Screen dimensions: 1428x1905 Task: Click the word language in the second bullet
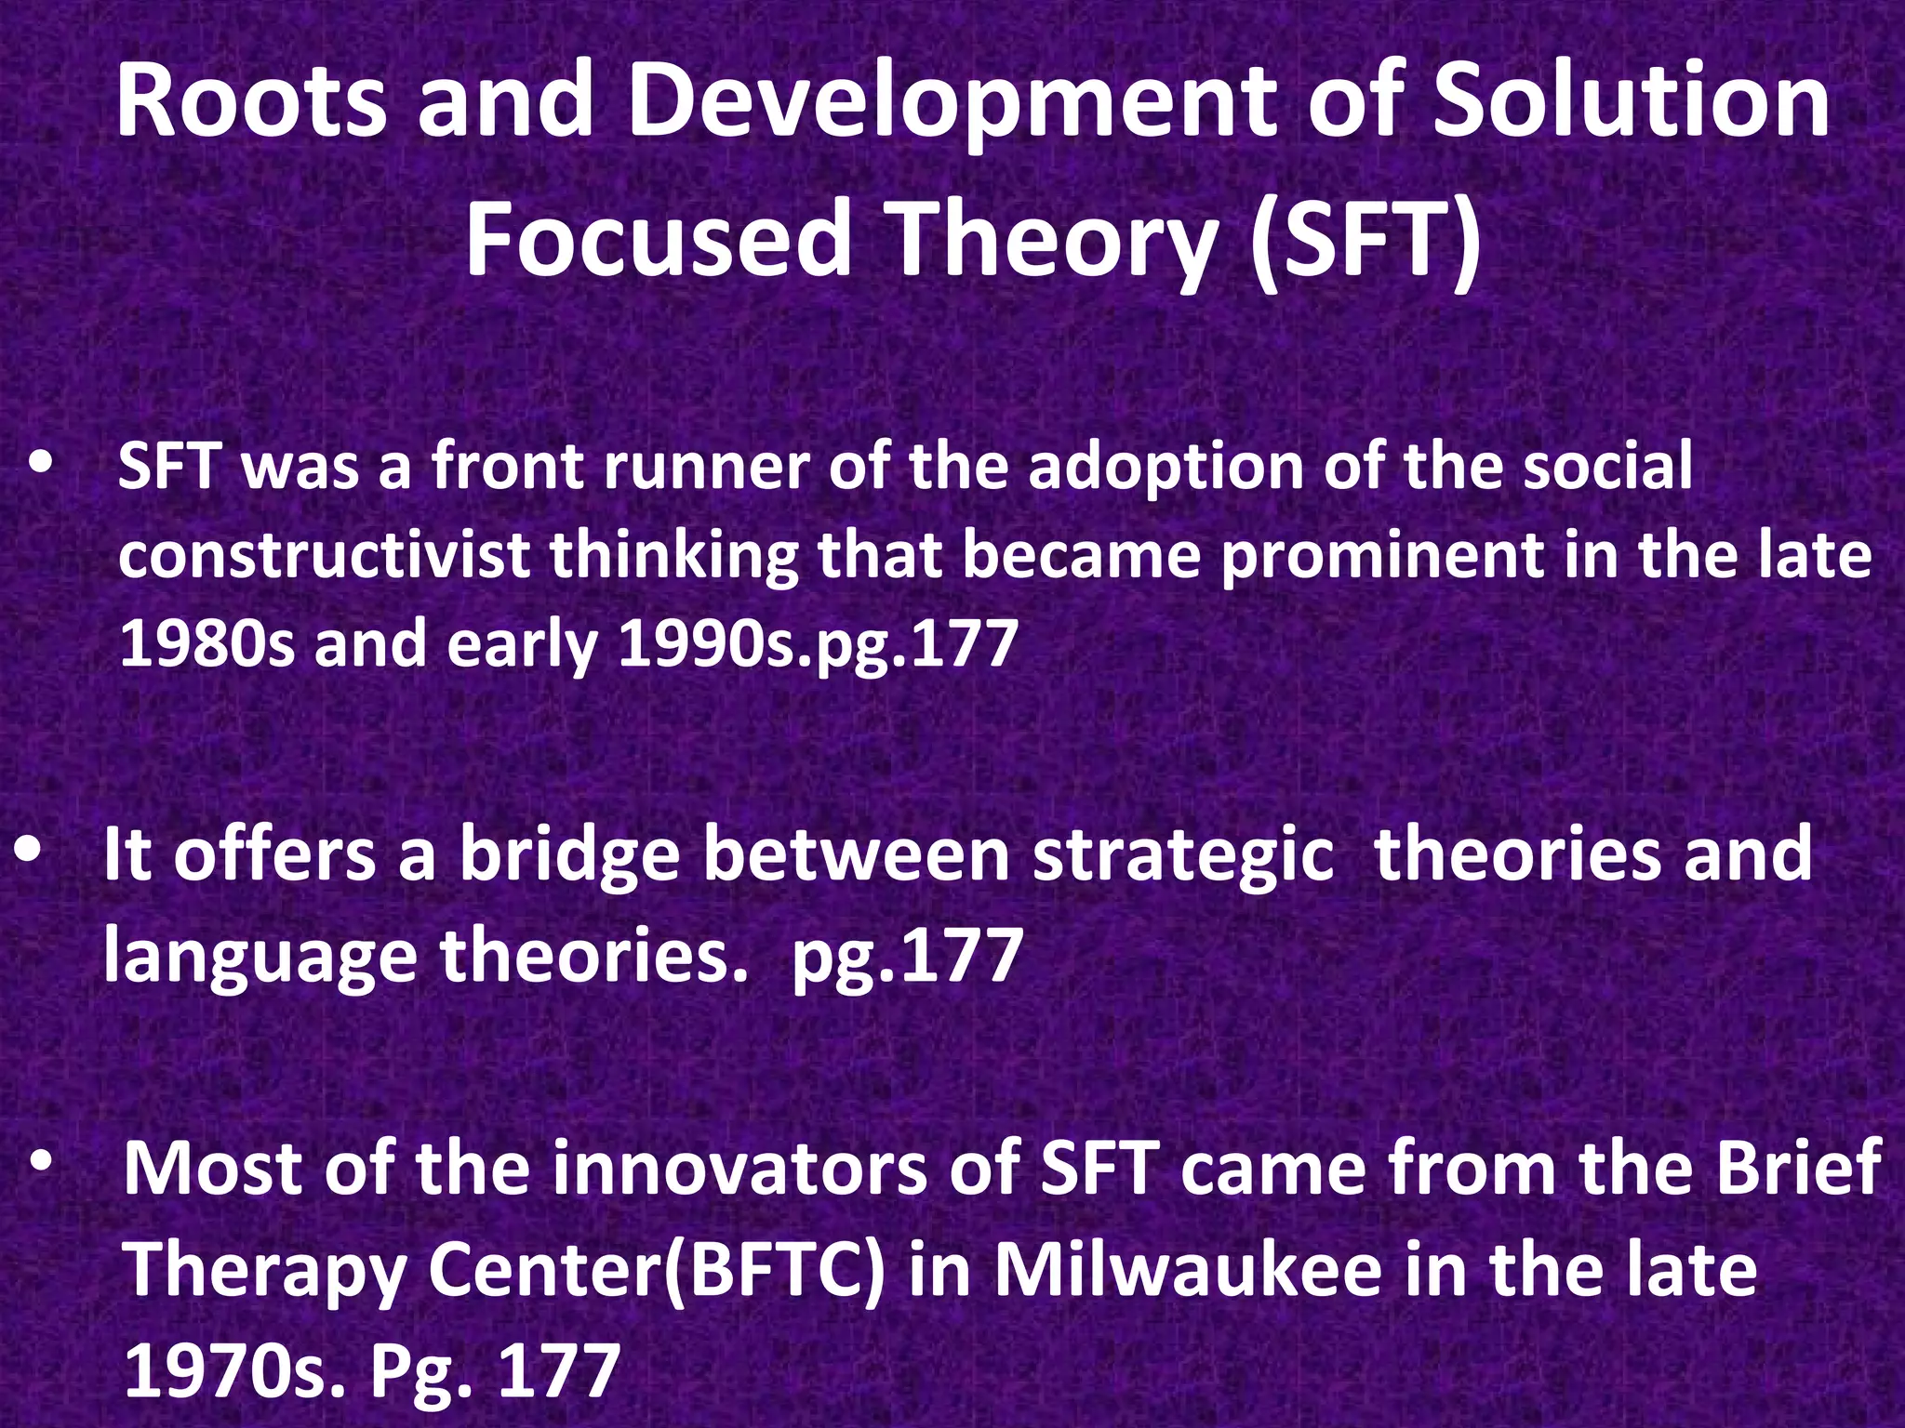[259, 958]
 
